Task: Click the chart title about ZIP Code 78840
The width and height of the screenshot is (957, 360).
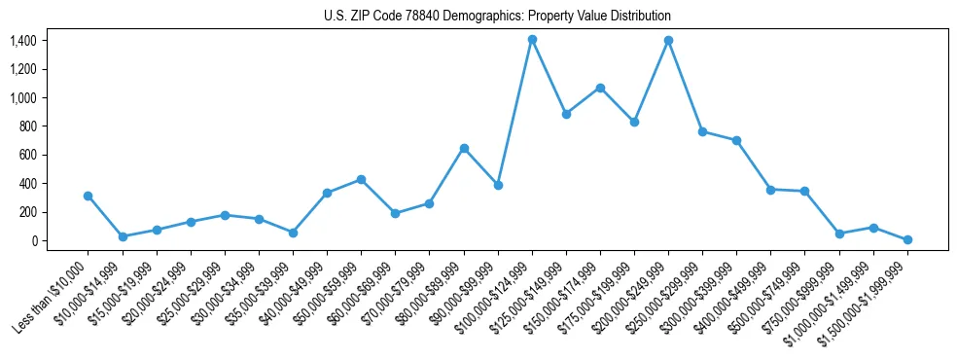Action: (x=497, y=17)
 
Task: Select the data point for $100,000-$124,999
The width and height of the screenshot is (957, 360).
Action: (x=532, y=40)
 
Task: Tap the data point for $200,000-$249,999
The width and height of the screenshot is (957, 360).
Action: (x=668, y=41)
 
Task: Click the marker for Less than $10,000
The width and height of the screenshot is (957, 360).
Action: (x=89, y=196)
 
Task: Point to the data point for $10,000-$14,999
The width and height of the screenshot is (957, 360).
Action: (x=123, y=236)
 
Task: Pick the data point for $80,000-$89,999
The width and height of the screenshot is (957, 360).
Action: (x=464, y=148)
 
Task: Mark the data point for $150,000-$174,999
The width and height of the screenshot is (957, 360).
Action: (x=600, y=88)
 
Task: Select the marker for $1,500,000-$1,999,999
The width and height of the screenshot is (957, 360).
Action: (x=907, y=239)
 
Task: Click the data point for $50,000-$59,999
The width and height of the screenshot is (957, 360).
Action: (x=361, y=179)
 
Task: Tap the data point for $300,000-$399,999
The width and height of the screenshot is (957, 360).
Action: (x=736, y=140)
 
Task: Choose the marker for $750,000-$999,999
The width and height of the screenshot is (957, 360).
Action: (x=839, y=234)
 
